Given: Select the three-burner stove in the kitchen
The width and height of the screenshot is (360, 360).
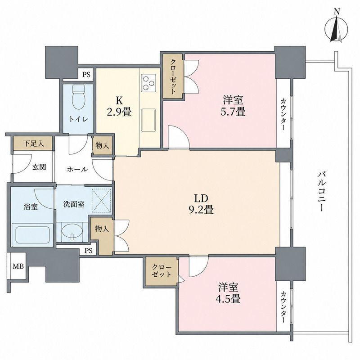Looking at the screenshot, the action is coord(148,82).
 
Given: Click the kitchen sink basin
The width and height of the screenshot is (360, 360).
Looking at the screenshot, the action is coord(148,119).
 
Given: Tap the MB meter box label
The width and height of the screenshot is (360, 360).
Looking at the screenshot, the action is coord(18,266).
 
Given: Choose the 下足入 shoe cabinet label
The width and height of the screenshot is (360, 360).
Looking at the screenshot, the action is coord(33,144).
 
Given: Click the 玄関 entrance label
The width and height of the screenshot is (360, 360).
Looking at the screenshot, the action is coord(39,167).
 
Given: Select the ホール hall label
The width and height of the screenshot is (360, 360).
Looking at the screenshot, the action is coord(77,170).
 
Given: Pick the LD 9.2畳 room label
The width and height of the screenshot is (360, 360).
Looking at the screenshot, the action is coord(201,204).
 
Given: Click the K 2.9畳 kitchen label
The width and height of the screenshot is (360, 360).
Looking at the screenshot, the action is coord(119,106).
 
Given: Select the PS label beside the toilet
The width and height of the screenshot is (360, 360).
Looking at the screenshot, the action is coord(86,75).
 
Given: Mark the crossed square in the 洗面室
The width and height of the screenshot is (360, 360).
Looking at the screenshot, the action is coord(101,200).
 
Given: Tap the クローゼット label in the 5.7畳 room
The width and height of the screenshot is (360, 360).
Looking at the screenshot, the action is coord(173,76).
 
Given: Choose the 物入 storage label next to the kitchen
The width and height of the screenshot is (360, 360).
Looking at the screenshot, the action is coord(102,145).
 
